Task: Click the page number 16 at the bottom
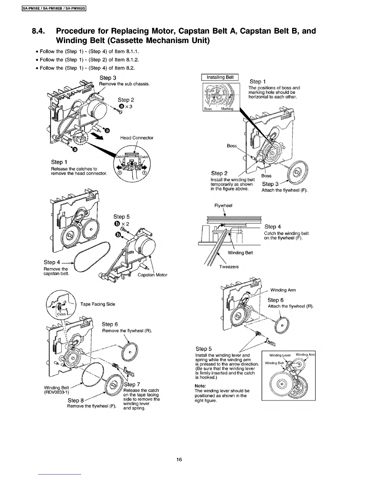tap(179, 460)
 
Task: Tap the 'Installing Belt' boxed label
tap(220, 77)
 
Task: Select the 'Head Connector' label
tap(137, 138)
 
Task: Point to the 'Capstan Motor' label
tap(152, 275)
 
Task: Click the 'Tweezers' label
tap(229, 267)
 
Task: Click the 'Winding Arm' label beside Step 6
tap(283, 290)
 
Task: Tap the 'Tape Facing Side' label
tap(98, 304)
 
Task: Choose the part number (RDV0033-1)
tap(56, 392)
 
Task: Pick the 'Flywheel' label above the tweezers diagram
tap(223, 205)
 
